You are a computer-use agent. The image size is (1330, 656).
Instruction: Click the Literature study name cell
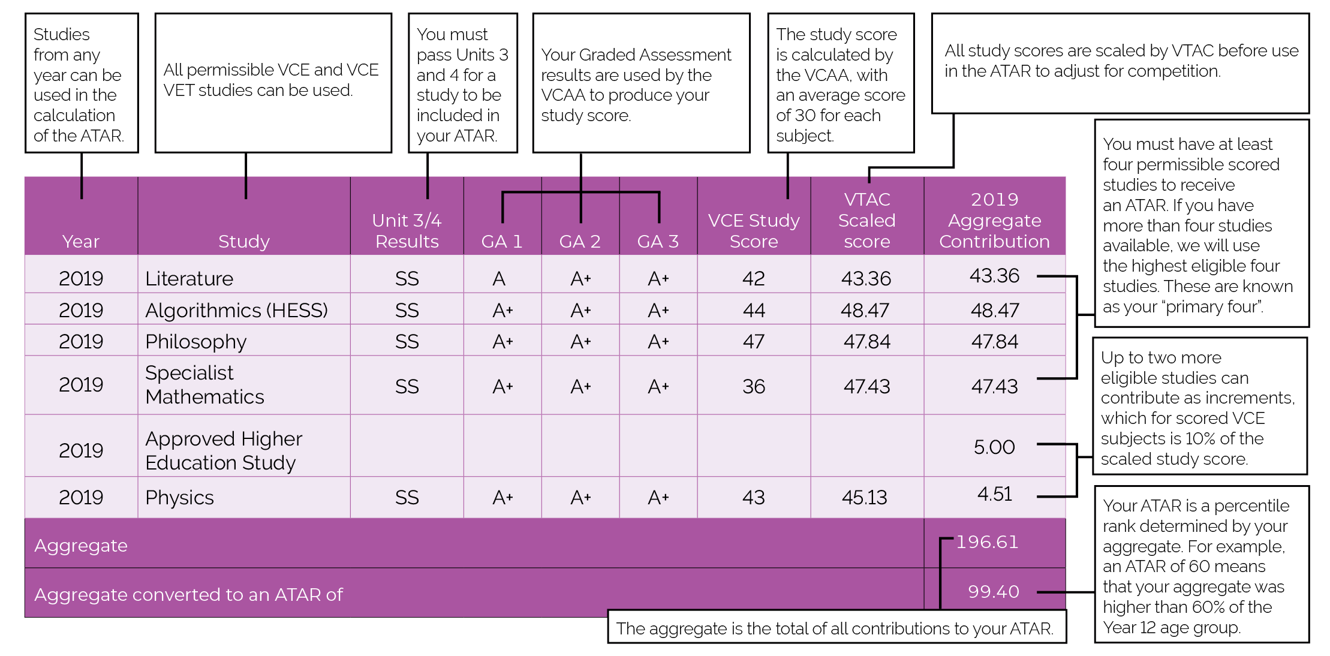(189, 279)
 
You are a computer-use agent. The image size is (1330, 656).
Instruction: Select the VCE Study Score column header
(754, 231)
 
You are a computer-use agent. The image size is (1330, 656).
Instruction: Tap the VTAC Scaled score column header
(866, 220)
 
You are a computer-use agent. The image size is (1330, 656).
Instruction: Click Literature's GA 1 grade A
(499, 279)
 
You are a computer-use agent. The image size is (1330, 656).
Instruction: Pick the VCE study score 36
(754, 386)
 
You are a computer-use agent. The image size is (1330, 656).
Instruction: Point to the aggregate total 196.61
(987, 542)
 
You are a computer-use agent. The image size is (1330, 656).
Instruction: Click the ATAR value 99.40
(994, 592)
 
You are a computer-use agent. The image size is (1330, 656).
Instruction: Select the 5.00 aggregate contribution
(994, 447)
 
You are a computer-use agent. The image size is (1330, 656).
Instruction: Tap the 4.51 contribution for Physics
(994, 494)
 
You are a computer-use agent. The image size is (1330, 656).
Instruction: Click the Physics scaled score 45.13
(864, 497)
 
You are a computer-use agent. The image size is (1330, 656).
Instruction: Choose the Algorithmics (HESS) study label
(236, 311)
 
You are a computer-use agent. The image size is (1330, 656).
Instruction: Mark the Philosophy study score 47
(754, 342)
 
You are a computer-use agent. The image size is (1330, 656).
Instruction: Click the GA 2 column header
(580, 241)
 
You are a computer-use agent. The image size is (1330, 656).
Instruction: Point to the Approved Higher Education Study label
(223, 450)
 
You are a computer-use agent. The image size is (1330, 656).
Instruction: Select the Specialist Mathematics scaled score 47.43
(866, 386)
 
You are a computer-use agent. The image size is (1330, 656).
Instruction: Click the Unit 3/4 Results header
(407, 231)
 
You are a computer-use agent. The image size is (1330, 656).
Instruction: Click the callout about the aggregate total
(836, 628)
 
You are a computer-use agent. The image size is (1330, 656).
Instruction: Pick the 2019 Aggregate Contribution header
(994, 220)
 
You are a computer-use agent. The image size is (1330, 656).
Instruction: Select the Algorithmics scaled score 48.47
(865, 311)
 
